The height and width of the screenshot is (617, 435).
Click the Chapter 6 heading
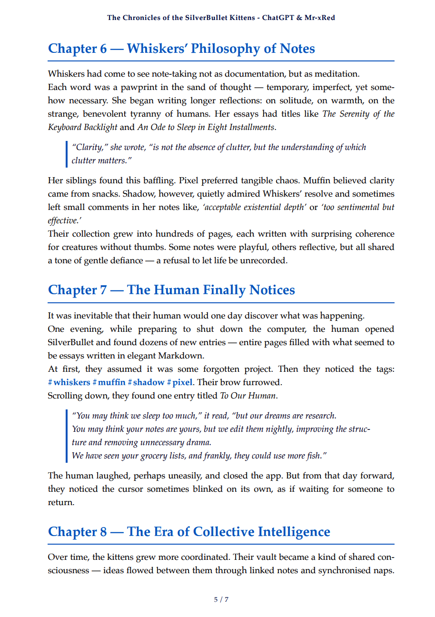(x=181, y=49)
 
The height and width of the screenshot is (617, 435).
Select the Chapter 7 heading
(x=171, y=290)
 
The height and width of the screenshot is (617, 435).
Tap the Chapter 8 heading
(x=189, y=531)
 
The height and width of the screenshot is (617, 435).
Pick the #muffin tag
(x=109, y=382)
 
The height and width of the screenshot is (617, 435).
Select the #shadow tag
(x=146, y=382)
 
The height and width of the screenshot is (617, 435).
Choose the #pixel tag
(x=179, y=382)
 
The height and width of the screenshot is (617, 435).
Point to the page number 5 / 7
(x=221, y=599)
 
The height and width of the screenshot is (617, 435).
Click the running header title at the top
(x=221, y=18)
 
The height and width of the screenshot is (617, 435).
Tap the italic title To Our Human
(x=247, y=396)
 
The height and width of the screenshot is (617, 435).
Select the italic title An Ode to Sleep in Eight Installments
(x=206, y=127)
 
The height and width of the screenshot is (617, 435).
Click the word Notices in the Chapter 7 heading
(x=272, y=290)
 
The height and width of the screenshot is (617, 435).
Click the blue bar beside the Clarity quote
(x=66, y=154)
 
